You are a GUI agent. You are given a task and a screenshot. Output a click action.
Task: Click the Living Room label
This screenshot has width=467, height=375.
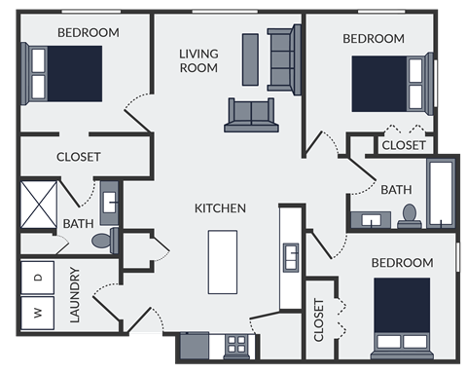point(198,59)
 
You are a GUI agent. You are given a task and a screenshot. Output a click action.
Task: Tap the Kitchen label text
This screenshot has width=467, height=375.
point(220,207)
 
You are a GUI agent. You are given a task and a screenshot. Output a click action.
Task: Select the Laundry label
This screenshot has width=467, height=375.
point(75,294)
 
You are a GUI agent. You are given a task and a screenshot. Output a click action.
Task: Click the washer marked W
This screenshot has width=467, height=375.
point(38,314)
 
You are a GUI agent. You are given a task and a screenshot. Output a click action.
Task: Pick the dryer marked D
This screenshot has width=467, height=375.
point(38,278)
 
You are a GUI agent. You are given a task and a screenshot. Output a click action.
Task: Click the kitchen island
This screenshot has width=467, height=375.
point(223,261)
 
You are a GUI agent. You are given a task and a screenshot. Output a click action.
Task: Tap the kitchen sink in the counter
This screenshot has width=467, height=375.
point(290,258)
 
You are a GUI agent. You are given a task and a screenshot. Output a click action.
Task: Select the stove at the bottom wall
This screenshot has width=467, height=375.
point(236,344)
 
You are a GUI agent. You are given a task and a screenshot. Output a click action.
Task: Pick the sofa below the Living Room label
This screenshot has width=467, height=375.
point(251,114)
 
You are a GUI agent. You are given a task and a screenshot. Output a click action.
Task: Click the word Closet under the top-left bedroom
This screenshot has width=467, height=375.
point(79,156)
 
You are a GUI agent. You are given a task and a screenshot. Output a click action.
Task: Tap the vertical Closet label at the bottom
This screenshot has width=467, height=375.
point(319,320)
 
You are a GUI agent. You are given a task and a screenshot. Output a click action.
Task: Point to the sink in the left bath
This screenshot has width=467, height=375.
point(109,203)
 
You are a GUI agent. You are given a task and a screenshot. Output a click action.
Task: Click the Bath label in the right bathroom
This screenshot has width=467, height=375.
point(396,189)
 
